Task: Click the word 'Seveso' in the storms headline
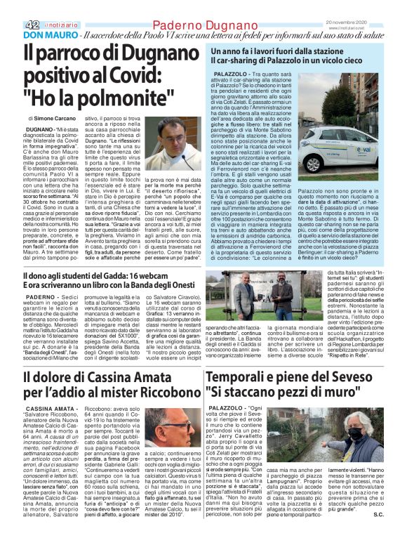click(x=360, y=376)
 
